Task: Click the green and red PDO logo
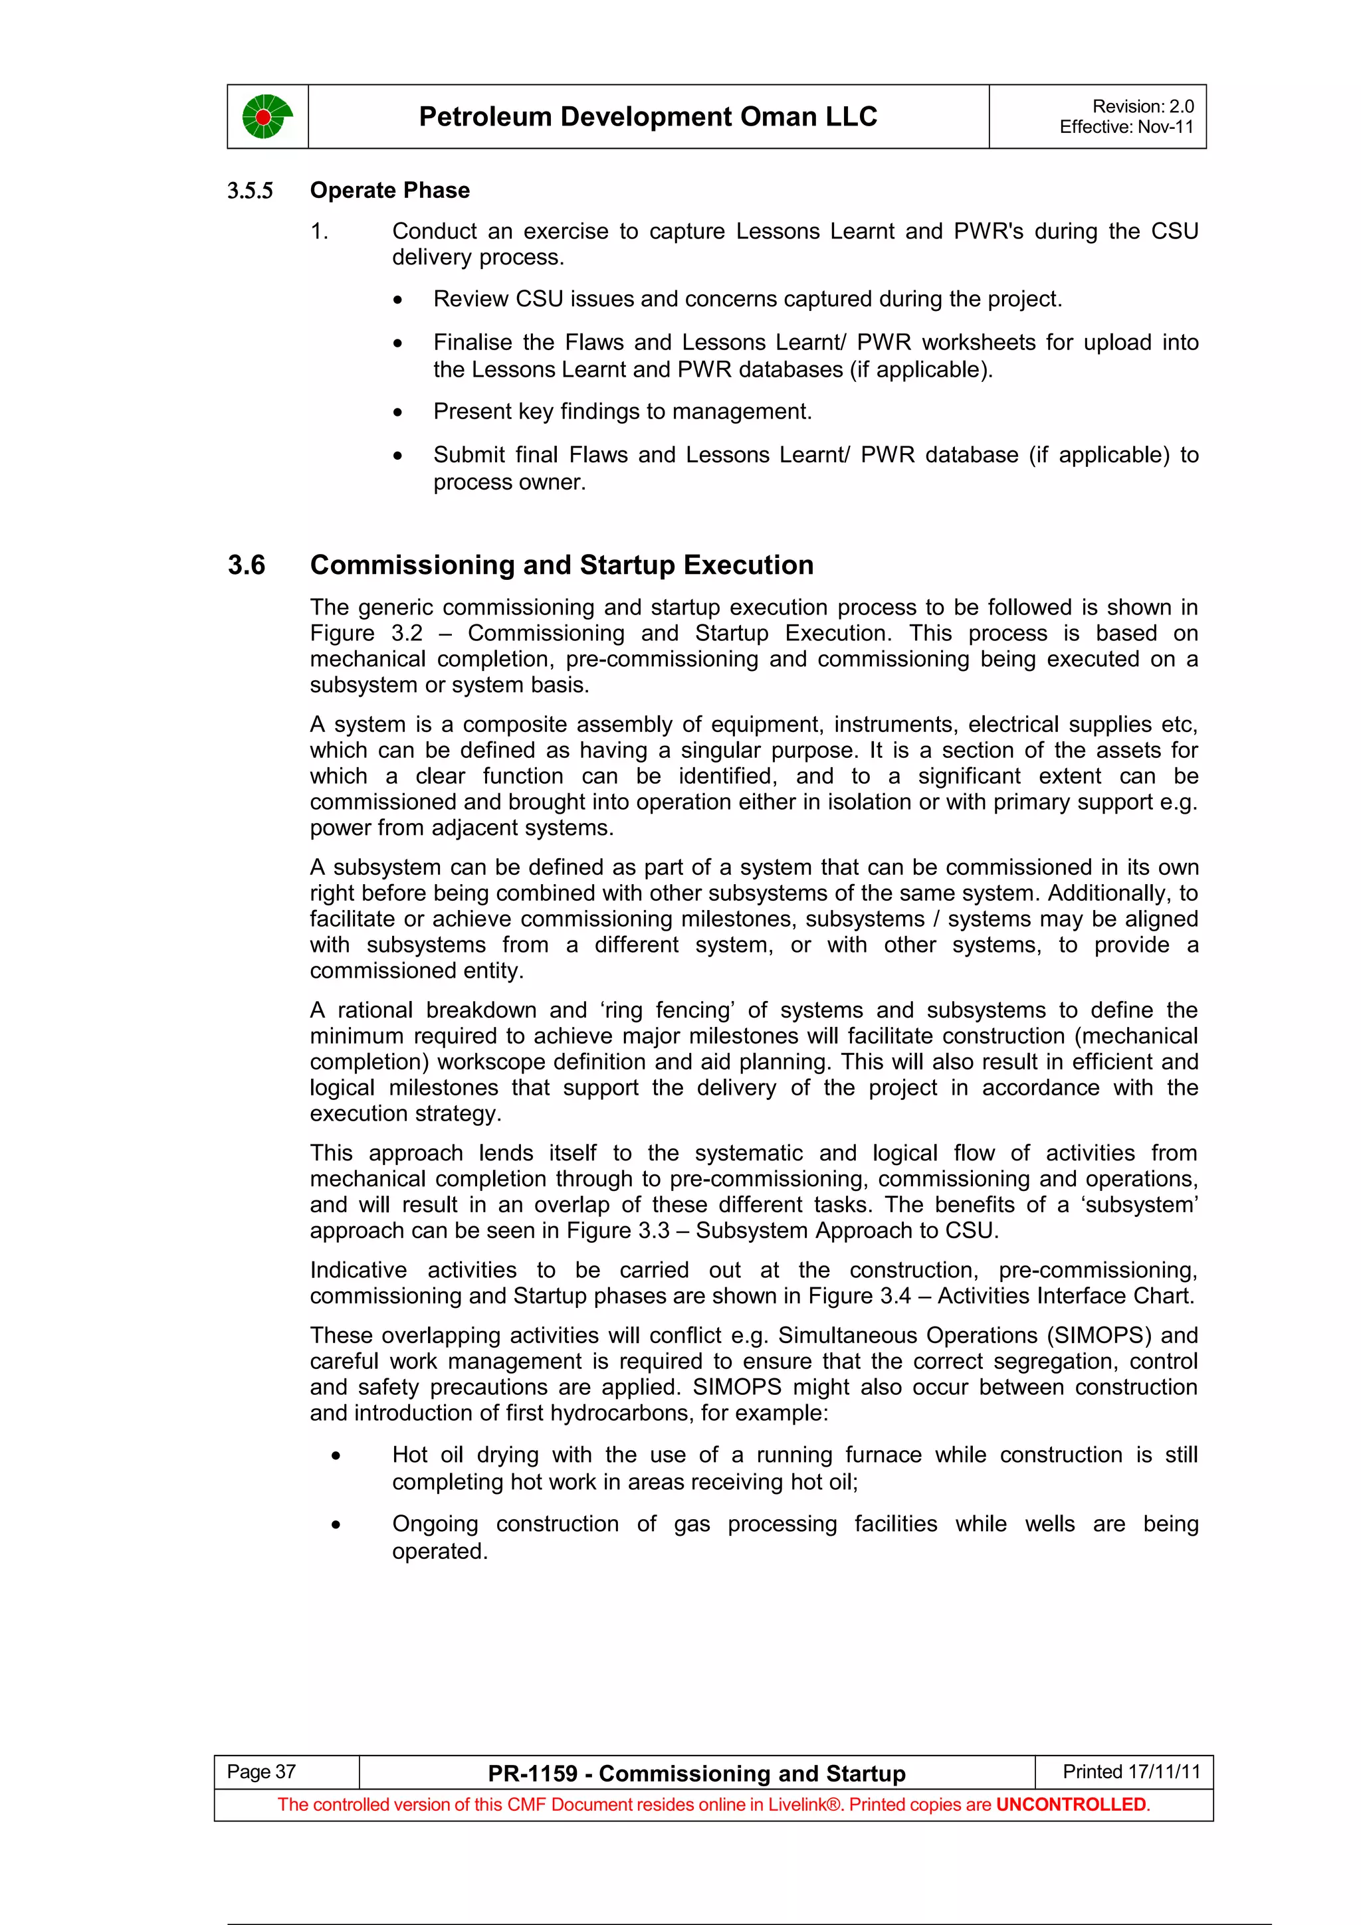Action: pyautogui.click(x=266, y=116)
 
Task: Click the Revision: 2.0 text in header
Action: pyautogui.click(x=1142, y=106)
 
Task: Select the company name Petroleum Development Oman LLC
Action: pyautogui.click(x=647, y=116)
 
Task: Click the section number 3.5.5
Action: pyautogui.click(x=250, y=191)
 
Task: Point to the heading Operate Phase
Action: pyautogui.click(x=389, y=191)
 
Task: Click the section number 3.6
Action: pyautogui.click(x=246, y=565)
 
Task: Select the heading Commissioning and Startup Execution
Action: pyautogui.click(x=561, y=565)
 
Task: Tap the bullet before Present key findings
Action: pyautogui.click(x=397, y=412)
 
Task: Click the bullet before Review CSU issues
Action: pyautogui.click(x=397, y=300)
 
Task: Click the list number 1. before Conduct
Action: pyautogui.click(x=319, y=231)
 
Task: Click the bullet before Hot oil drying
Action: pyautogui.click(x=336, y=1456)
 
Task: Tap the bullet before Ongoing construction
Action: pyautogui.click(x=336, y=1525)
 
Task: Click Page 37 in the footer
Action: pyautogui.click(x=261, y=1772)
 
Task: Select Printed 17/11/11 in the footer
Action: pyautogui.click(x=1130, y=1772)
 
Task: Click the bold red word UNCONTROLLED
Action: pyautogui.click(x=1070, y=1804)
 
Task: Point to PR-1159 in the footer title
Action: pyautogui.click(x=532, y=1774)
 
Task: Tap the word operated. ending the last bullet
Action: pyautogui.click(x=439, y=1552)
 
